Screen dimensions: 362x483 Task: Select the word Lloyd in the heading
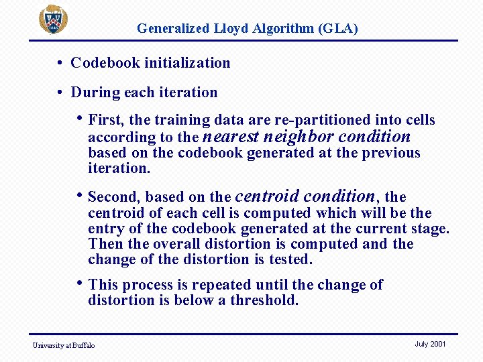point(227,29)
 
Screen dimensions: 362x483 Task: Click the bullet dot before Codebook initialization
point(60,63)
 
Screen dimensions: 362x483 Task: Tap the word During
point(92,93)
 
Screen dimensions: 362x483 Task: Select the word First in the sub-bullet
point(104,121)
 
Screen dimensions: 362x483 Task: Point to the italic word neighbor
point(299,137)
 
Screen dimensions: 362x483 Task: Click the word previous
point(390,153)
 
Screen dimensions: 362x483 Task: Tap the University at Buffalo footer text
point(64,345)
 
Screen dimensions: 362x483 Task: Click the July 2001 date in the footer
point(430,344)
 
